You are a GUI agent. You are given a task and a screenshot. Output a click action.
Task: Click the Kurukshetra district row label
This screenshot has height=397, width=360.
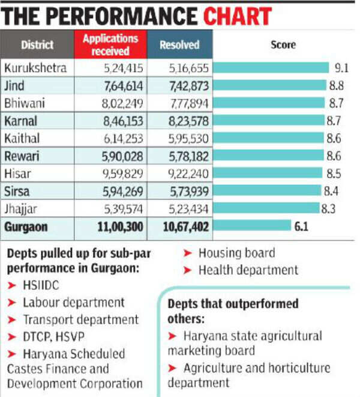[x=35, y=67]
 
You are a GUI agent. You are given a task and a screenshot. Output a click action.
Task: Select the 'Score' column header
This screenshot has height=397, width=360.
[x=283, y=44]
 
